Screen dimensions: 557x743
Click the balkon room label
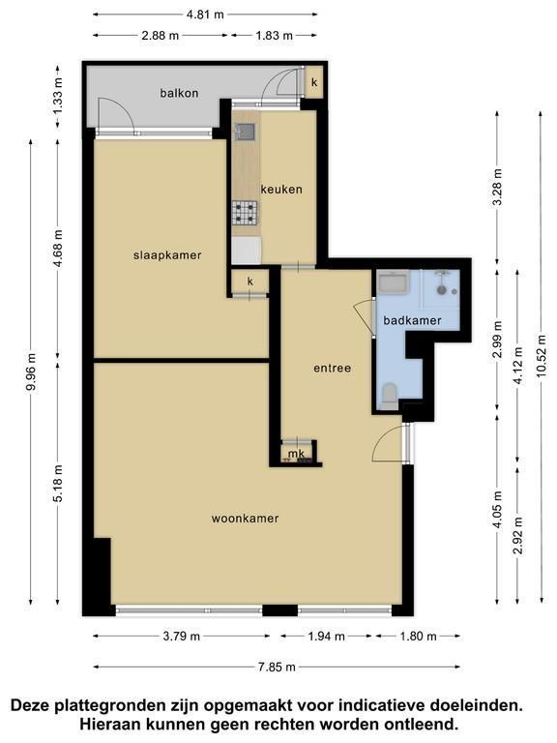(179, 93)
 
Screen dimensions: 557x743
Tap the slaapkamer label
(167, 255)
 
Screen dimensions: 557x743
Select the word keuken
(281, 190)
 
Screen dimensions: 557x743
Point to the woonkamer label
(245, 519)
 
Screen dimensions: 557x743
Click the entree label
(333, 369)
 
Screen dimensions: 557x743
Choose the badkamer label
(412, 321)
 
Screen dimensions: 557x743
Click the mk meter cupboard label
(297, 454)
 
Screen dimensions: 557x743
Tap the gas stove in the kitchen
(245, 212)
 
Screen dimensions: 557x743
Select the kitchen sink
(246, 132)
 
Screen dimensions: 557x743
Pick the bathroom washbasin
(394, 282)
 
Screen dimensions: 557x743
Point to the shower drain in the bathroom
(441, 290)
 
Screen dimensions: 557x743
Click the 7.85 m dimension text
(277, 668)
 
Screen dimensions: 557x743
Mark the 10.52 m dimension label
(542, 356)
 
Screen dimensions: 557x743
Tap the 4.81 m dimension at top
(205, 15)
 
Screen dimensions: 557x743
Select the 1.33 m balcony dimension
(57, 96)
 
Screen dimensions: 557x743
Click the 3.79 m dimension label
(182, 636)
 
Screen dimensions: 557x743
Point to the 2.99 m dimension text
(497, 341)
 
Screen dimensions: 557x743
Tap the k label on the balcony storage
(314, 82)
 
